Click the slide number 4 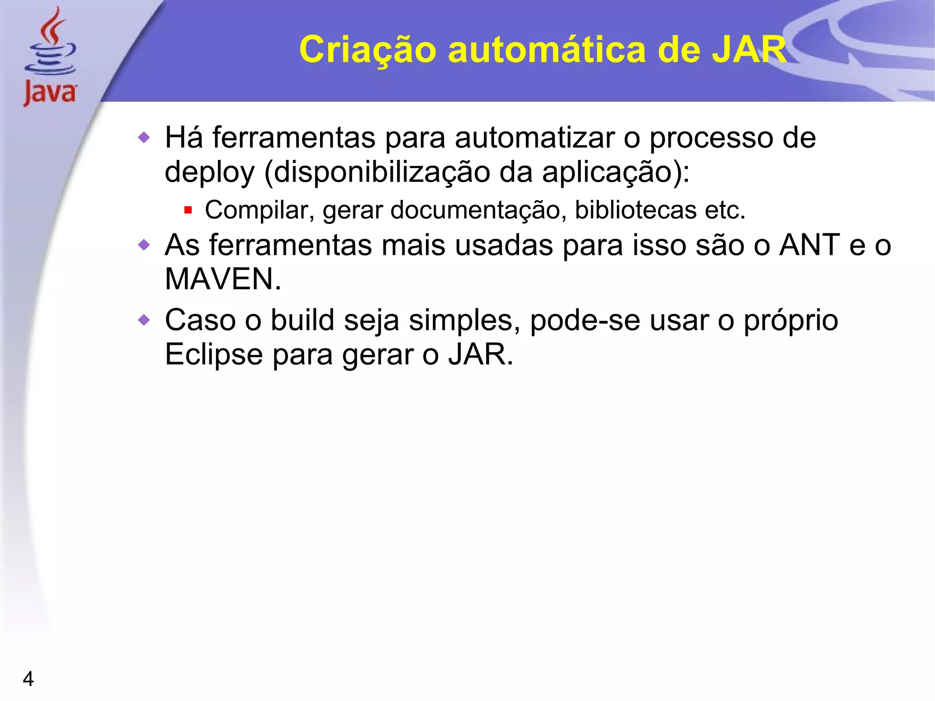(x=28, y=679)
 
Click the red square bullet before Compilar (x=188, y=211)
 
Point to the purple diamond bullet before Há (x=144, y=137)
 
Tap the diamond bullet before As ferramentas (x=144, y=245)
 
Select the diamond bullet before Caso (x=144, y=320)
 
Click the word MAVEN (x=223, y=279)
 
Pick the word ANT (x=809, y=245)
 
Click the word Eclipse (x=214, y=354)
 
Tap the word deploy (x=210, y=173)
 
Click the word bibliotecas (x=636, y=211)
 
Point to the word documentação (x=475, y=211)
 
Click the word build (x=303, y=320)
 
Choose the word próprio (x=791, y=321)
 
